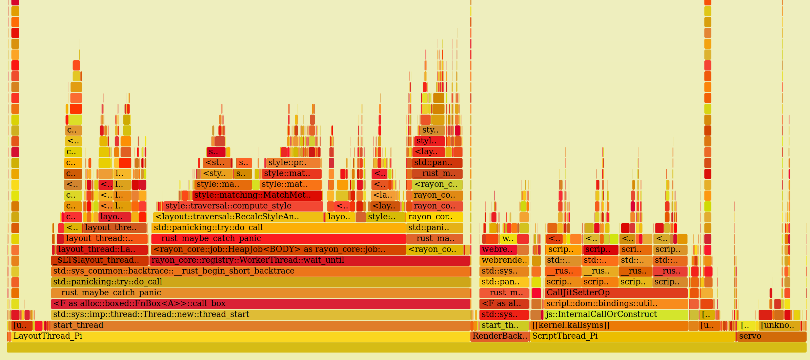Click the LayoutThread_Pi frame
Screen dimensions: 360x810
(237, 336)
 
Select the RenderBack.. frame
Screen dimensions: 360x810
(500, 336)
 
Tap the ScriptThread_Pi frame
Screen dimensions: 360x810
(632, 336)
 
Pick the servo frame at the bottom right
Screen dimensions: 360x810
(771, 336)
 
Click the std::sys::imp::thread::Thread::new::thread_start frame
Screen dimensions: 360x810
(260, 315)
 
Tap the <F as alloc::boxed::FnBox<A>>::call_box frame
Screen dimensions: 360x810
(260, 304)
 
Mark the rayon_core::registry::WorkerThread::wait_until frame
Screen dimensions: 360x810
(310, 260)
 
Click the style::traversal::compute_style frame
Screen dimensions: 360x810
(243, 206)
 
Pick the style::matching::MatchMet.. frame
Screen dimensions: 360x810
(257, 195)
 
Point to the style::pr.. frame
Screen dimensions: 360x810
(293, 163)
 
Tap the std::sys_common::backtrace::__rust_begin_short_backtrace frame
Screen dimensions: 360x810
(260, 271)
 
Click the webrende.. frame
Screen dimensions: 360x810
(504, 260)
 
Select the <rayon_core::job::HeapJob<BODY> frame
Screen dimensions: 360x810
(278, 249)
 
